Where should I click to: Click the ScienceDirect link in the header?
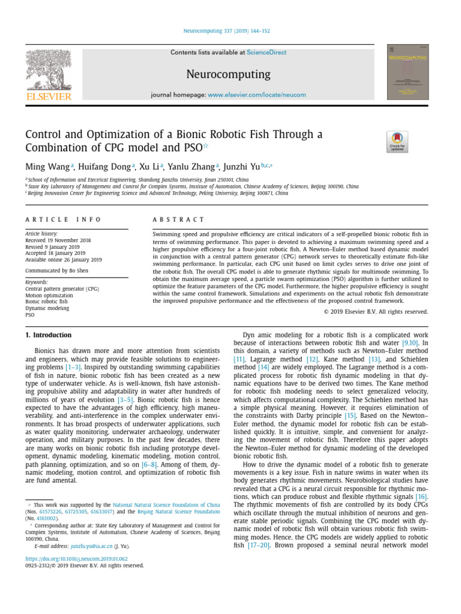pos(267,53)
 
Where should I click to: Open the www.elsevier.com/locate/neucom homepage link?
pos(256,95)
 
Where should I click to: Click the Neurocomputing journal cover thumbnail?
pos(408,72)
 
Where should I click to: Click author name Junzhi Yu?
pos(241,166)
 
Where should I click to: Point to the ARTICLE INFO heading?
pos(64,220)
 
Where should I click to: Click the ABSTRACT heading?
pos(179,220)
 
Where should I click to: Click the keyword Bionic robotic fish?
pos(46,302)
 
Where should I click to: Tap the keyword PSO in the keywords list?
pos(30,314)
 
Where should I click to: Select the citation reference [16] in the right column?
pos(421,497)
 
